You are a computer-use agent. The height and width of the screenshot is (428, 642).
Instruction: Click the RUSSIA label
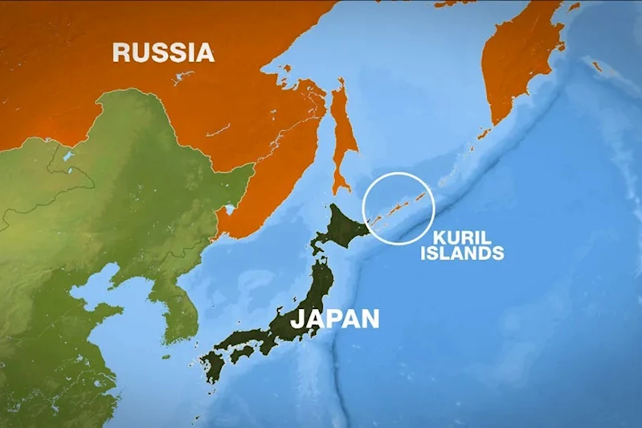click(163, 53)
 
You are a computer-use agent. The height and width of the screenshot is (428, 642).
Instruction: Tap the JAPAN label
click(334, 318)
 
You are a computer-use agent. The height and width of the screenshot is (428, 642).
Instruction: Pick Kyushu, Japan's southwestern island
click(214, 367)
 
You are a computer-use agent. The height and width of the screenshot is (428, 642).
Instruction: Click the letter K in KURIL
click(439, 238)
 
